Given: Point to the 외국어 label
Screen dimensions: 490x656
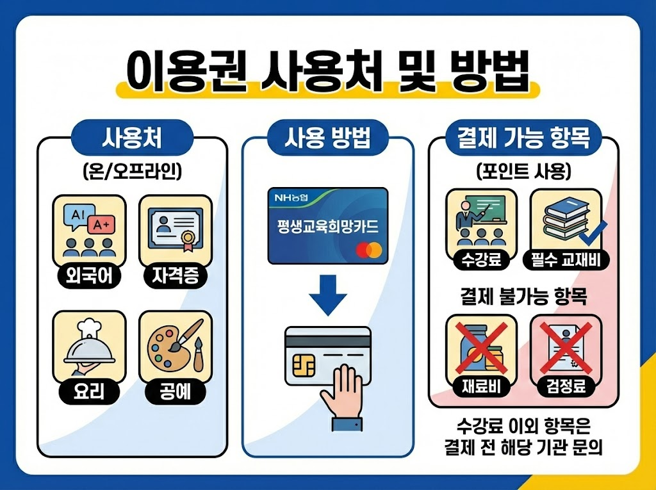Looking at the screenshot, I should click(x=88, y=276).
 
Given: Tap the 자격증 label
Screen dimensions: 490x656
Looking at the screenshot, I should click(x=175, y=276).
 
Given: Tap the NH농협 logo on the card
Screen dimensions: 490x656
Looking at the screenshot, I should click(x=292, y=199).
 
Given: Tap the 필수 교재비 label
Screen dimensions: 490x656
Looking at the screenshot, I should click(x=566, y=259).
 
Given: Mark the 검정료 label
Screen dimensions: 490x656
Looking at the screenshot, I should click(x=566, y=386).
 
